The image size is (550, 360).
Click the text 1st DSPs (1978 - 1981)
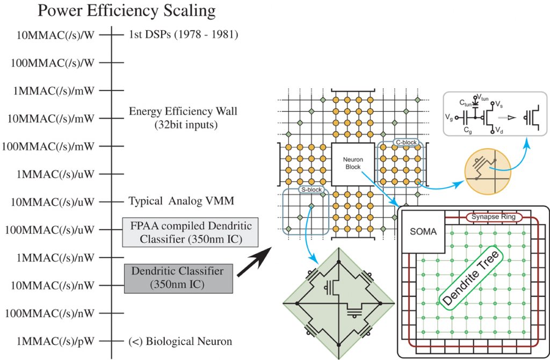[184, 35]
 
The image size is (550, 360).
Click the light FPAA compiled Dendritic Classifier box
[187, 232]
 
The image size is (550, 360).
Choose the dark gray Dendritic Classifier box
[178, 278]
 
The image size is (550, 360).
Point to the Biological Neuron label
[180, 341]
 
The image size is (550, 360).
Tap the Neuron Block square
[352, 162]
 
